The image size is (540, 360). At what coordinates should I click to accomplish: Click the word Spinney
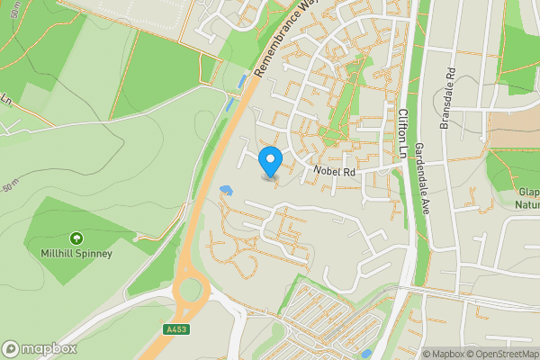coord(95,254)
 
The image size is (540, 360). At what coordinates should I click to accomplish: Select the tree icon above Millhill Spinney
coord(76,238)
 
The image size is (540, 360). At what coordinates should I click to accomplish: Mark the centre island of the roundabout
coord(190,291)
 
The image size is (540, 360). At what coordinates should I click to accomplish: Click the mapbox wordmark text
coord(49,348)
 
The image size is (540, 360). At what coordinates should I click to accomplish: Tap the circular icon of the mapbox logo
coord(12,348)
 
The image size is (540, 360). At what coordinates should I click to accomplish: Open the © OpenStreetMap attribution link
coord(499,354)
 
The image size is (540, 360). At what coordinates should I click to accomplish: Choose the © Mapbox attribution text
coord(441,354)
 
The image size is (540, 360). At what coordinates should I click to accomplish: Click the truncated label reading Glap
coord(528,192)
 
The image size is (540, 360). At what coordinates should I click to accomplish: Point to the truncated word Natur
coord(526,204)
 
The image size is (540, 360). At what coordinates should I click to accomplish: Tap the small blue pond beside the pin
coord(226,190)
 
